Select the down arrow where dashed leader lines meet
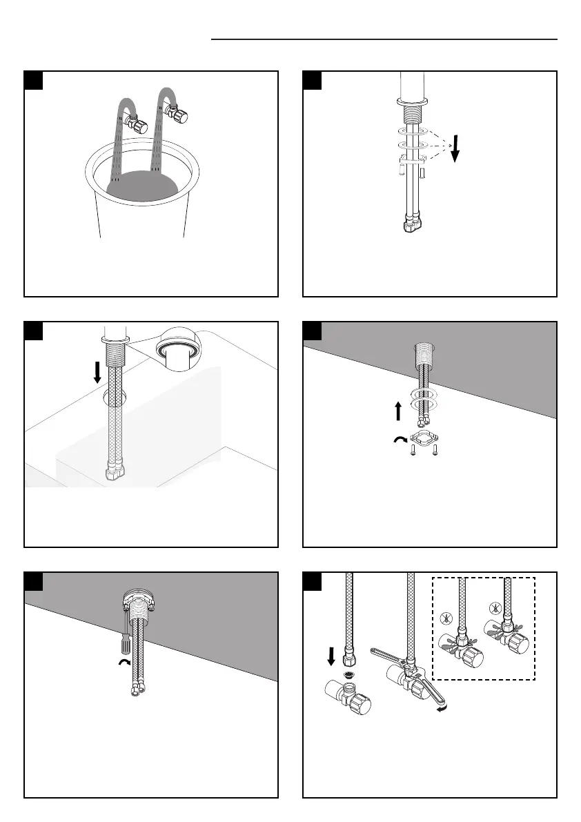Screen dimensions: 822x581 pos(455,150)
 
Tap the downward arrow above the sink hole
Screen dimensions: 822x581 pos(97,372)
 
